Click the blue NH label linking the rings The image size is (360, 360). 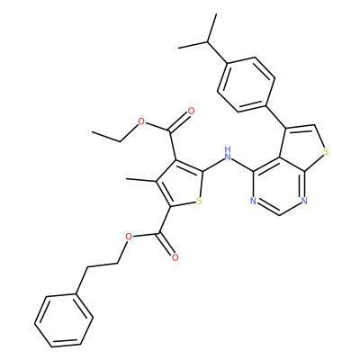228,153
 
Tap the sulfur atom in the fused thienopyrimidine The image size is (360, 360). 327,152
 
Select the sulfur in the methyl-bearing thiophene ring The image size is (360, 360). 199,201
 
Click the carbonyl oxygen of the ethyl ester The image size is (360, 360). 191,112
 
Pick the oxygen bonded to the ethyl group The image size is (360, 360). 140,122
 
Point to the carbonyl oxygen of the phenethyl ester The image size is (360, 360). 175,257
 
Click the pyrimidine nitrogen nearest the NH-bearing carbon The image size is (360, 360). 253,201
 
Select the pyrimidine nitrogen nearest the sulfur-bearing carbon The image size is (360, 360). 304,201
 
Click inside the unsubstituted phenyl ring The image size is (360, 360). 63,320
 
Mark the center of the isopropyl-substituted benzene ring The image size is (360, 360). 246,85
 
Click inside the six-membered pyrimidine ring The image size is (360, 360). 279,186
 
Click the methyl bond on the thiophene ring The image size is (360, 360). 140,180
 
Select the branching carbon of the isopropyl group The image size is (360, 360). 208,41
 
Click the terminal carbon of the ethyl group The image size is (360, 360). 93,132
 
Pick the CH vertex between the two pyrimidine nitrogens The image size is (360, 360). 279,215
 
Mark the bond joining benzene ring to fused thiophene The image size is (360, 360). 275,116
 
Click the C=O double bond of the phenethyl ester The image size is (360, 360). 167,245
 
